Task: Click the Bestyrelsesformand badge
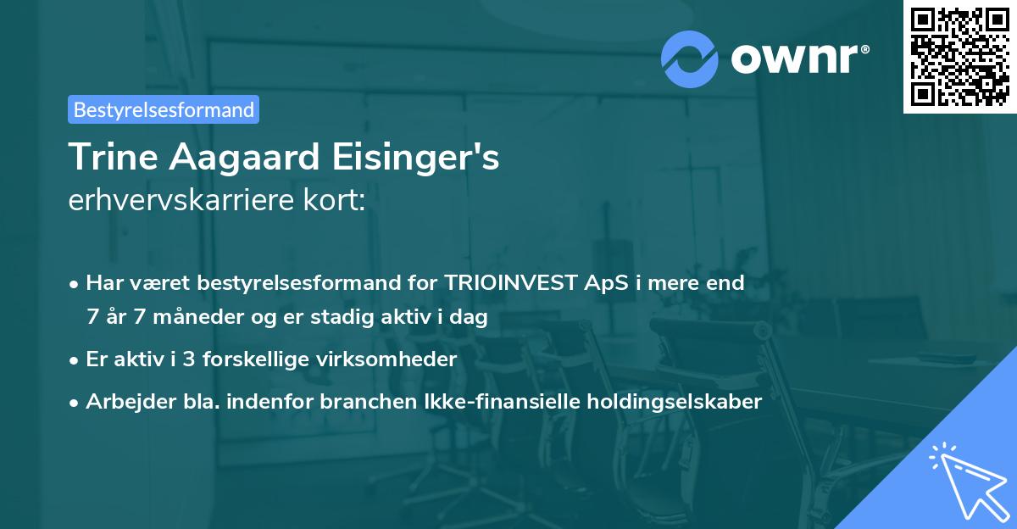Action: click(x=164, y=109)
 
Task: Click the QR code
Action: click(x=959, y=56)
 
